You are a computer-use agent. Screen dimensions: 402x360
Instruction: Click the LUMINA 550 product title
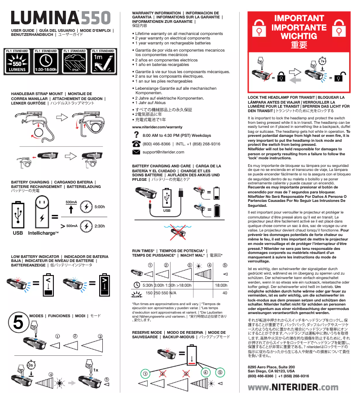tap(61, 17)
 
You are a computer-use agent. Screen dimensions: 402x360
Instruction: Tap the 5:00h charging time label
tap(100, 207)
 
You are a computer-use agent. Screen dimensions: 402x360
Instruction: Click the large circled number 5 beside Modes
tap(18, 322)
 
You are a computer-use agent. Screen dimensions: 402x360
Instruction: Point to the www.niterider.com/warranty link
tap(157, 127)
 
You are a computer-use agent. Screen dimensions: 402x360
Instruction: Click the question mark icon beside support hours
tap(136, 135)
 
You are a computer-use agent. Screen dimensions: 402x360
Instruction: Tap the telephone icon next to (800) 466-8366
tap(136, 144)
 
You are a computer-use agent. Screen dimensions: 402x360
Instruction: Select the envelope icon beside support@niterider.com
tap(136, 152)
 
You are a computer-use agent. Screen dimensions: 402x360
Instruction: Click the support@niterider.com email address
tap(163, 152)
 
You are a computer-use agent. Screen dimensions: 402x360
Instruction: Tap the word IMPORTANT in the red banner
tap(292, 18)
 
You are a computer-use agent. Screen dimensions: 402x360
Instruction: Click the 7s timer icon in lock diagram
tap(323, 61)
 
